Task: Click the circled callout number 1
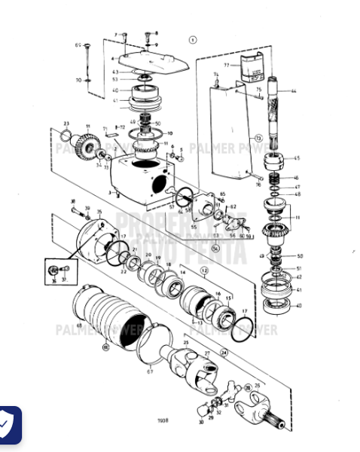(x=193, y=39)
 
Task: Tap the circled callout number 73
(x=258, y=139)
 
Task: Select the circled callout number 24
(x=224, y=352)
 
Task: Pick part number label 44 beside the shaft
(x=294, y=91)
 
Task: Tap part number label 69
(x=77, y=46)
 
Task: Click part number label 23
(x=66, y=123)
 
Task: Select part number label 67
(x=149, y=371)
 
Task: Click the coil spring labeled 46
(x=276, y=178)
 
